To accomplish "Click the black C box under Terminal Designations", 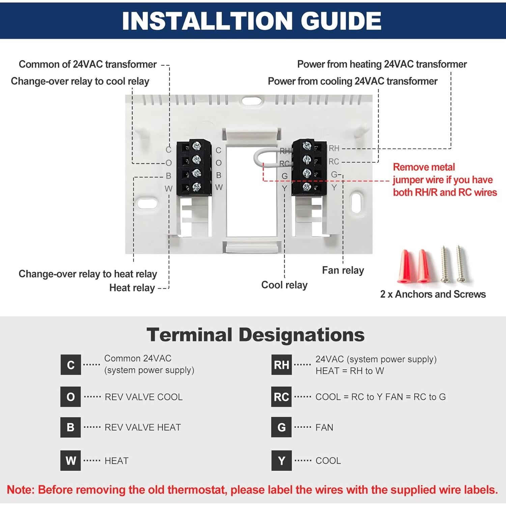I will pos(71,365).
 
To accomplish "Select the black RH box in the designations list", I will pos(281,365).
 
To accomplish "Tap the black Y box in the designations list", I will pos(281,460).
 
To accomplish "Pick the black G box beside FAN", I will pos(281,427).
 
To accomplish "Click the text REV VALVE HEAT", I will pos(143,427).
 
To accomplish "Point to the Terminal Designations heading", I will pos(255,335).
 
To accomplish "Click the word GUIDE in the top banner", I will pos(341,21).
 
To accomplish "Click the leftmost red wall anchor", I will pos(406,266).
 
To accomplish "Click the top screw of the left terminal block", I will pos(196,146).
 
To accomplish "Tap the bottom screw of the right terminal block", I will pos(307,187).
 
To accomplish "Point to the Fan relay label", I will pos(343,270).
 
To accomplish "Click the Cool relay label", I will pos(284,285).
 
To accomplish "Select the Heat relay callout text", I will pos(132,288).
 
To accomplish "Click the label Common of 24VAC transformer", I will pos(87,64).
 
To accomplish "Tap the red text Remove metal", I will pos(424,167).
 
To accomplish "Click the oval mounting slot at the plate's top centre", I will pos(251,101).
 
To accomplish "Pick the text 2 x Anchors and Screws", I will pos(433,294).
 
